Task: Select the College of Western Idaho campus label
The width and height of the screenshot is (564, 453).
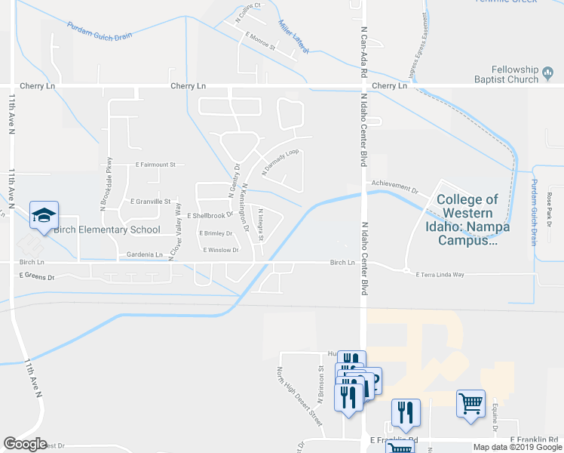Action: pos(467,220)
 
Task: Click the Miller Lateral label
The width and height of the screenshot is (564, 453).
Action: pos(293,36)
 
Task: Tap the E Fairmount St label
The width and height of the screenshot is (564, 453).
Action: pos(155,164)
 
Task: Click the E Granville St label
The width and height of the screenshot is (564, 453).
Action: pos(152,202)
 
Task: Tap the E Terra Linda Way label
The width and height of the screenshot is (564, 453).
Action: pos(450,275)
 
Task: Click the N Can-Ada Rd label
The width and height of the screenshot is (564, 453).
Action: pos(363,52)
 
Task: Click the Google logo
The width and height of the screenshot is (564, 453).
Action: pos(25,445)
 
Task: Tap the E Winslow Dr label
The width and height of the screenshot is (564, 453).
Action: pos(219,250)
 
